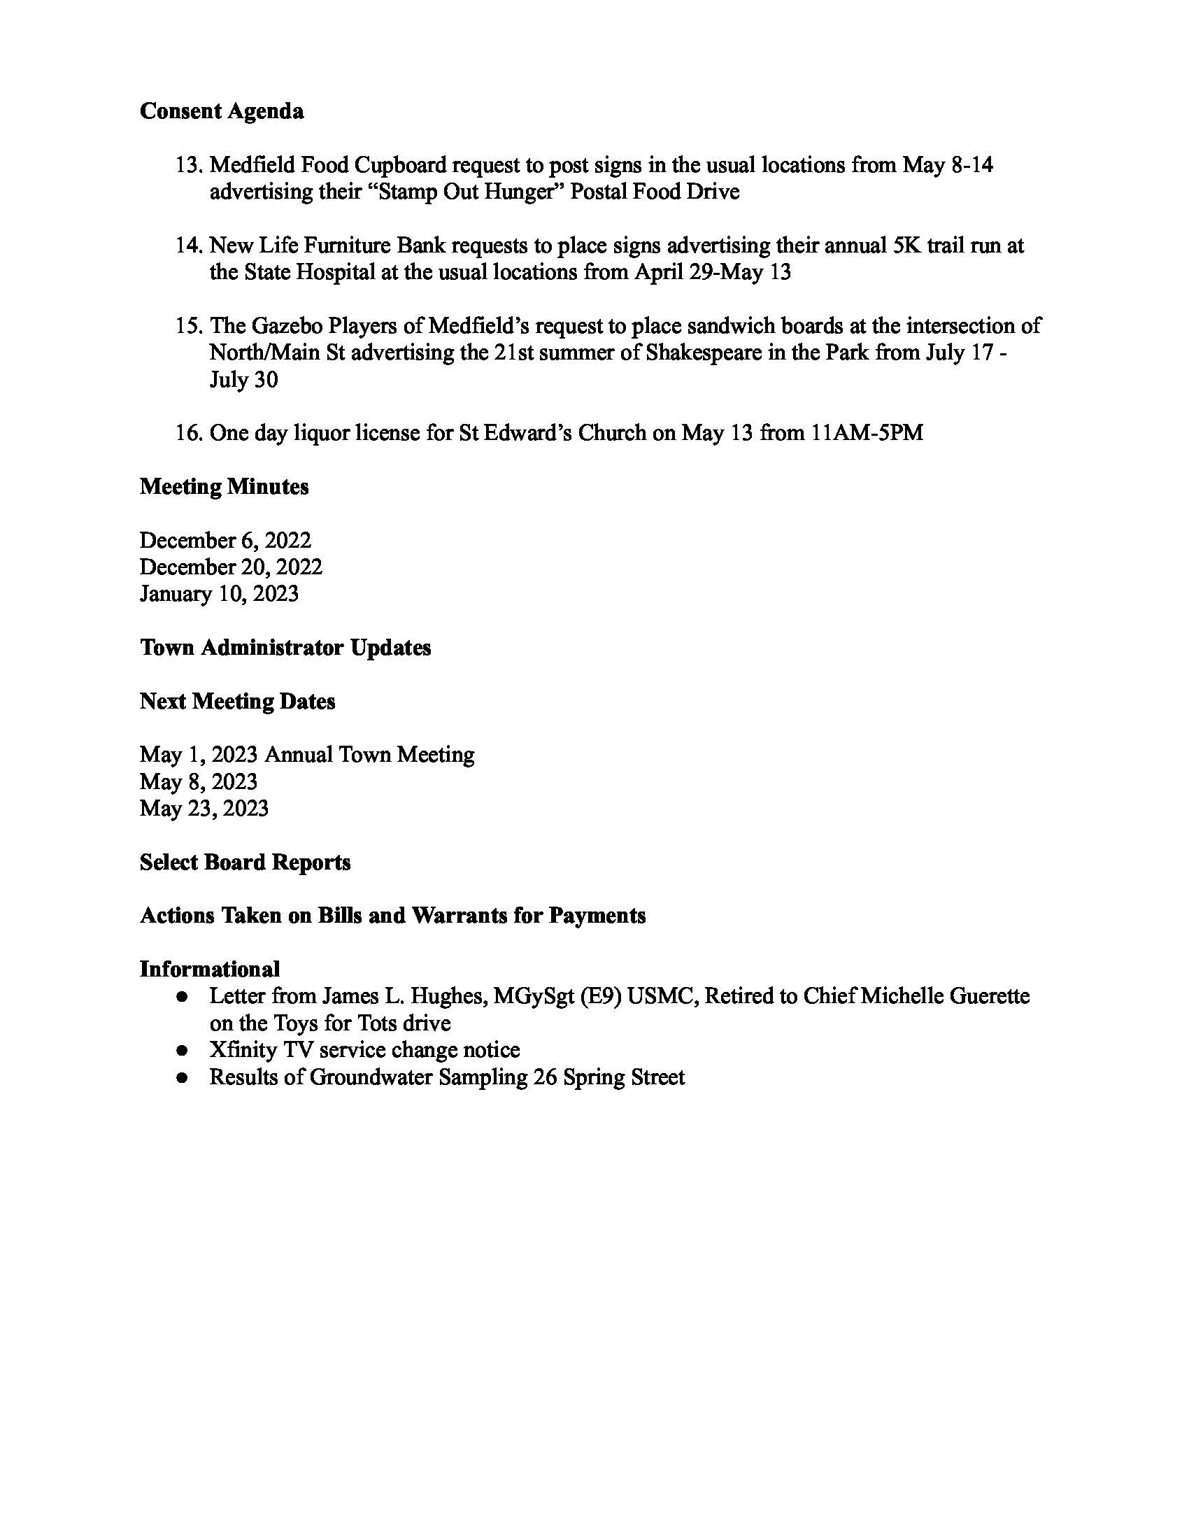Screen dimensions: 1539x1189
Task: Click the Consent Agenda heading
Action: coord(222,111)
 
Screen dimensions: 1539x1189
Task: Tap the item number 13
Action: coord(189,165)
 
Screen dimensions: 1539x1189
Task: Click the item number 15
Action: coord(189,326)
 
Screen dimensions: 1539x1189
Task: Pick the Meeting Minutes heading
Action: coord(224,487)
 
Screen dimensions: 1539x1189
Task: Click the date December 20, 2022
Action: coord(231,567)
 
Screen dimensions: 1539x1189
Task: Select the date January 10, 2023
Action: coord(219,594)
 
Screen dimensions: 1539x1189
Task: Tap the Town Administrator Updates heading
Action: coord(285,648)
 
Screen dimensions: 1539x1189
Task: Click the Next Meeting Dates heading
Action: coord(237,702)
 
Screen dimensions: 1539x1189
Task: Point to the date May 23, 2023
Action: coord(204,808)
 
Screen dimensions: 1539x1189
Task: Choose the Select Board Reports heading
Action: coord(245,863)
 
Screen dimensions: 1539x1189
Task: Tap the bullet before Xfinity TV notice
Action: coord(182,1051)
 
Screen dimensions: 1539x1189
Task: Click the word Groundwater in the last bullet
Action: coord(370,1077)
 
